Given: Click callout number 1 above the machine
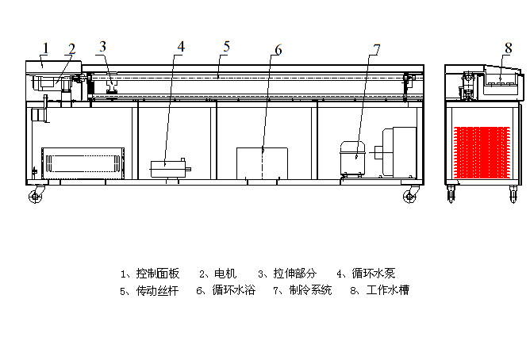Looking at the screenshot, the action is [46, 48].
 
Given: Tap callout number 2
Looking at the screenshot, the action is [71, 49].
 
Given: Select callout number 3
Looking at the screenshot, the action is [103, 47].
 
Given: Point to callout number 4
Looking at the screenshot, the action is [181, 47].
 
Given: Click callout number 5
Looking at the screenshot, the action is [226, 47].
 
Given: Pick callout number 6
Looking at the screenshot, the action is [278, 50].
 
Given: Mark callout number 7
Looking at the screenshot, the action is [377, 50].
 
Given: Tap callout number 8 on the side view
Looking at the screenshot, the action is [509, 48].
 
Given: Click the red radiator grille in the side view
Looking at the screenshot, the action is [482, 152].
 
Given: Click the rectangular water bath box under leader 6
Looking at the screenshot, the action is [262, 163].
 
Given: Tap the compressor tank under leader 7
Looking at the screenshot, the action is [352, 158].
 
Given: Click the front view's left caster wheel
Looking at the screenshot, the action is [35, 196].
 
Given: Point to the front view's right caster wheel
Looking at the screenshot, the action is [409, 196].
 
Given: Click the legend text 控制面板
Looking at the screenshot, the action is [158, 274].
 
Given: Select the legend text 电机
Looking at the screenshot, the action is [225, 274].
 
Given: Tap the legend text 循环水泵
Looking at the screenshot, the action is [374, 274].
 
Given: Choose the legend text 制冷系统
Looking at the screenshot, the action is [310, 290].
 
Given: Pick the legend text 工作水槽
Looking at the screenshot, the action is [388, 290].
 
